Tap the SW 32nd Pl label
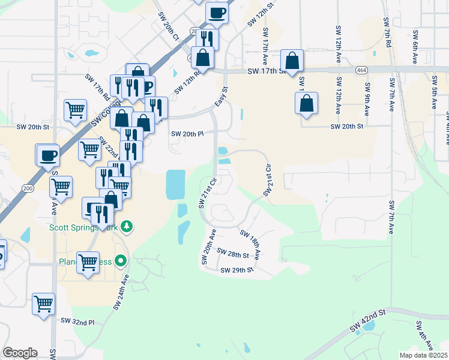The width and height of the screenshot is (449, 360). [77, 322]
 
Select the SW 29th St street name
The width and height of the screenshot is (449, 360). [237, 271]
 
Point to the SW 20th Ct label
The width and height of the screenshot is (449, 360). [169, 26]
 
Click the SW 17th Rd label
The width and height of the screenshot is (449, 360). [97, 87]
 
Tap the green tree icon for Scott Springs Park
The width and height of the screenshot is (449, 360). [126, 226]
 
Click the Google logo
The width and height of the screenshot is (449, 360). [20, 353]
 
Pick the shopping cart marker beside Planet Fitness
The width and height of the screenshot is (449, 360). [88, 262]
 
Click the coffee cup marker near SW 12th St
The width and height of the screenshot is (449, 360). [217, 12]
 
